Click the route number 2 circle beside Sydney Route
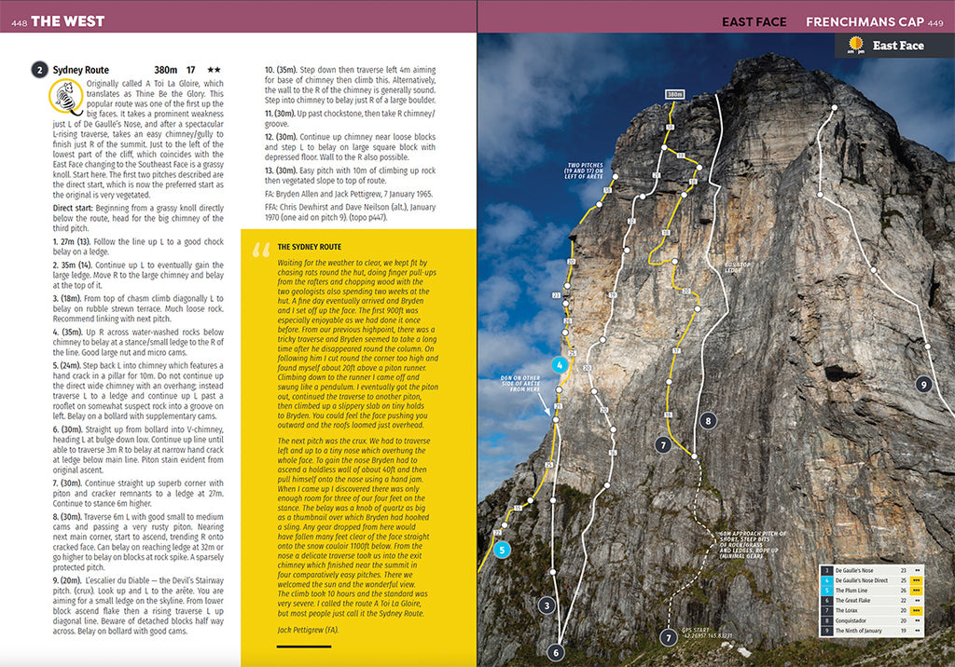pyautogui.click(x=39, y=69)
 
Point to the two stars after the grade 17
pyautogui.click(x=214, y=70)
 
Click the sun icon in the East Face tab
pyautogui.click(x=854, y=45)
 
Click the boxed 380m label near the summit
pyautogui.click(x=674, y=94)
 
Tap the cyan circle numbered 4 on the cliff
pyautogui.click(x=559, y=366)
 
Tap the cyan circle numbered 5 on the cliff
pyautogui.click(x=503, y=550)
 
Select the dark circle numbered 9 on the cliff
pyautogui.click(x=922, y=384)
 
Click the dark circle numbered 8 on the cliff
pyautogui.click(x=709, y=421)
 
